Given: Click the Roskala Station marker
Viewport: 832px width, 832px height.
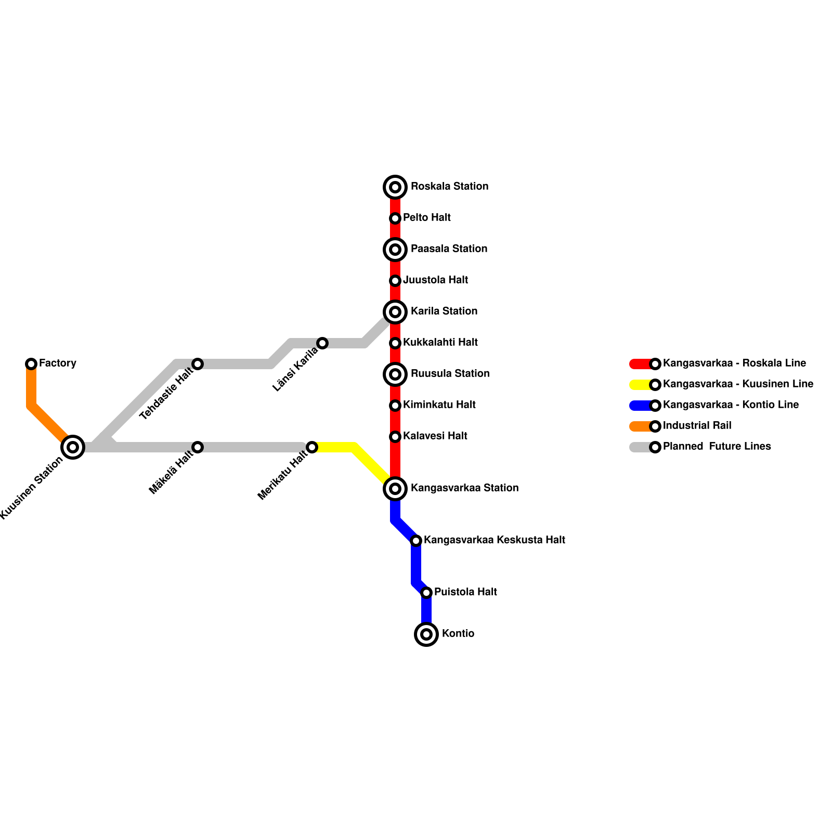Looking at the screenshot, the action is pyautogui.click(x=395, y=187).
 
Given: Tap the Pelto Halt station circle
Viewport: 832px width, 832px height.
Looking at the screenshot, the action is pyautogui.click(x=395, y=218).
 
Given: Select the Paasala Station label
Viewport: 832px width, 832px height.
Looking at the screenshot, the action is pyautogui.click(x=449, y=249).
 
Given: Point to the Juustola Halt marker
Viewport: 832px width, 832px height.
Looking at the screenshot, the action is pyautogui.click(x=395, y=281).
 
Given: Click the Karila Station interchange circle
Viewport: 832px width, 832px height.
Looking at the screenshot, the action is pyautogui.click(x=395, y=312).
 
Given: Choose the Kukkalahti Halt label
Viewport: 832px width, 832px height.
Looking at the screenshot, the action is pyautogui.click(x=440, y=343).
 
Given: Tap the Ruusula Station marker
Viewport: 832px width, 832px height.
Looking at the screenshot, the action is pyautogui.click(x=395, y=374).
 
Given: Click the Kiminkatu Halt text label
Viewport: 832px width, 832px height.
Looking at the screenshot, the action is pyautogui.click(x=439, y=405).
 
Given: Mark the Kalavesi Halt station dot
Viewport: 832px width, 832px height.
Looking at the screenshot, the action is pyautogui.click(x=395, y=437).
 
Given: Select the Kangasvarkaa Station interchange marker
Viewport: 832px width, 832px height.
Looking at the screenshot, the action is pyautogui.click(x=395, y=489).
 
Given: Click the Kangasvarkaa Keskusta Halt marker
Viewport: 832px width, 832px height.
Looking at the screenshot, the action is pyautogui.click(x=416, y=541).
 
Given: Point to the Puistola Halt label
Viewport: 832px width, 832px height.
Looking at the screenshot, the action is pyautogui.click(x=465, y=592).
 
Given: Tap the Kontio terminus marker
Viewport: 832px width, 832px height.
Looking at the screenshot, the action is pyautogui.click(x=426, y=634).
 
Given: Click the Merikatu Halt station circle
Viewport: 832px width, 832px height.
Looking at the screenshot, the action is pyautogui.click(x=312, y=447).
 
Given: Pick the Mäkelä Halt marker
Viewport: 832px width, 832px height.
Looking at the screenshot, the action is pyautogui.click(x=198, y=447).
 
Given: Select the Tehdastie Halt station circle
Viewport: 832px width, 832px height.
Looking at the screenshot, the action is pyautogui.click(x=198, y=364).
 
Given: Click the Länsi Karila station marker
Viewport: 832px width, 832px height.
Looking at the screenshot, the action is pyautogui.click(x=322, y=343).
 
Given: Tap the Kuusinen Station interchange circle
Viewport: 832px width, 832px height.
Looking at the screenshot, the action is pyautogui.click(x=73, y=447).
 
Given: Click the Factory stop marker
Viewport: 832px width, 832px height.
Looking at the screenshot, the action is pyautogui.click(x=31, y=364).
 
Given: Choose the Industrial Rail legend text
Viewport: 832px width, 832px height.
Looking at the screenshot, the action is pyautogui.click(x=697, y=426).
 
